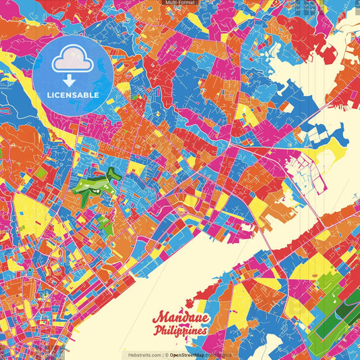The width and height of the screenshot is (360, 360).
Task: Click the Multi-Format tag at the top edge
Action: click(180, 3)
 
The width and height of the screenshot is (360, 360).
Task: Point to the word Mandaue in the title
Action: click(180, 317)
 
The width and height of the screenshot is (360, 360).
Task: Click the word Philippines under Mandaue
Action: click(180, 331)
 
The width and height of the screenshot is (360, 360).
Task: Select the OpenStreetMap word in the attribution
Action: click(187, 355)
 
